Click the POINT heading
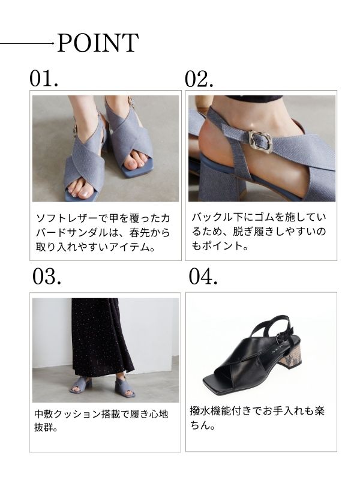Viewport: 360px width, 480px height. (98, 43)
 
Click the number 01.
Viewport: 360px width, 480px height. (44, 79)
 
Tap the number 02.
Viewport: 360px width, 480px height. (199, 79)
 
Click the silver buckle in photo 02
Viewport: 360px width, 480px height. (260, 140)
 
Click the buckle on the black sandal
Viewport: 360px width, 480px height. (281, 337)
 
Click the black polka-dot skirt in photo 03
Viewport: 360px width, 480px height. (100, 339)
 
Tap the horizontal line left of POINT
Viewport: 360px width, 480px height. (26, 43)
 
